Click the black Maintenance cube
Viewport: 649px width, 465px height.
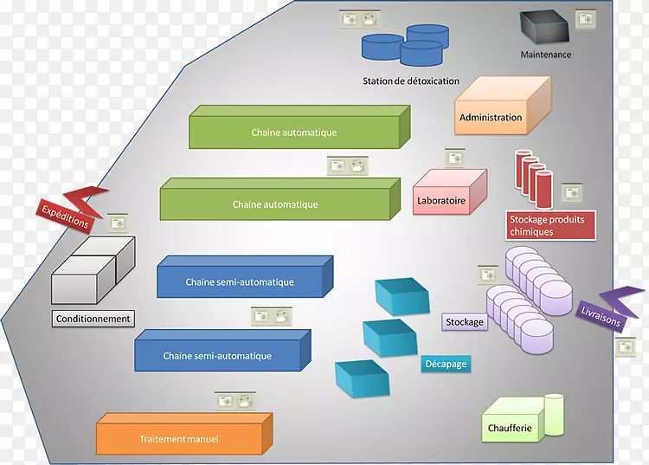tap(543, 29)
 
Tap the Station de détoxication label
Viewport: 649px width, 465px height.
tap(411, 81)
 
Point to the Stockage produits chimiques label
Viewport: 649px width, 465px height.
tap(546, 225)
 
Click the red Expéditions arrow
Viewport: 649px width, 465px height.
tap(69, 210)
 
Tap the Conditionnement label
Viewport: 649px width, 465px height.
tap(93, 319)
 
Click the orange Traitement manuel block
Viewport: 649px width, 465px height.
tap(182, 436)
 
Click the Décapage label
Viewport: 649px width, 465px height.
tap(446, 364)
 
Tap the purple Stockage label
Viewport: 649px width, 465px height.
tap(465, 322)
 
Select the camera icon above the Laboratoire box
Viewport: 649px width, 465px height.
tap(456, 158)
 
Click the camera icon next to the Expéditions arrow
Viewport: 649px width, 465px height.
tap(116, 223)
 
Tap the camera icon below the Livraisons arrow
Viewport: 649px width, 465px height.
tap(626, 346)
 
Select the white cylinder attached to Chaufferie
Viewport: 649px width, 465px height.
tap(554, 414)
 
